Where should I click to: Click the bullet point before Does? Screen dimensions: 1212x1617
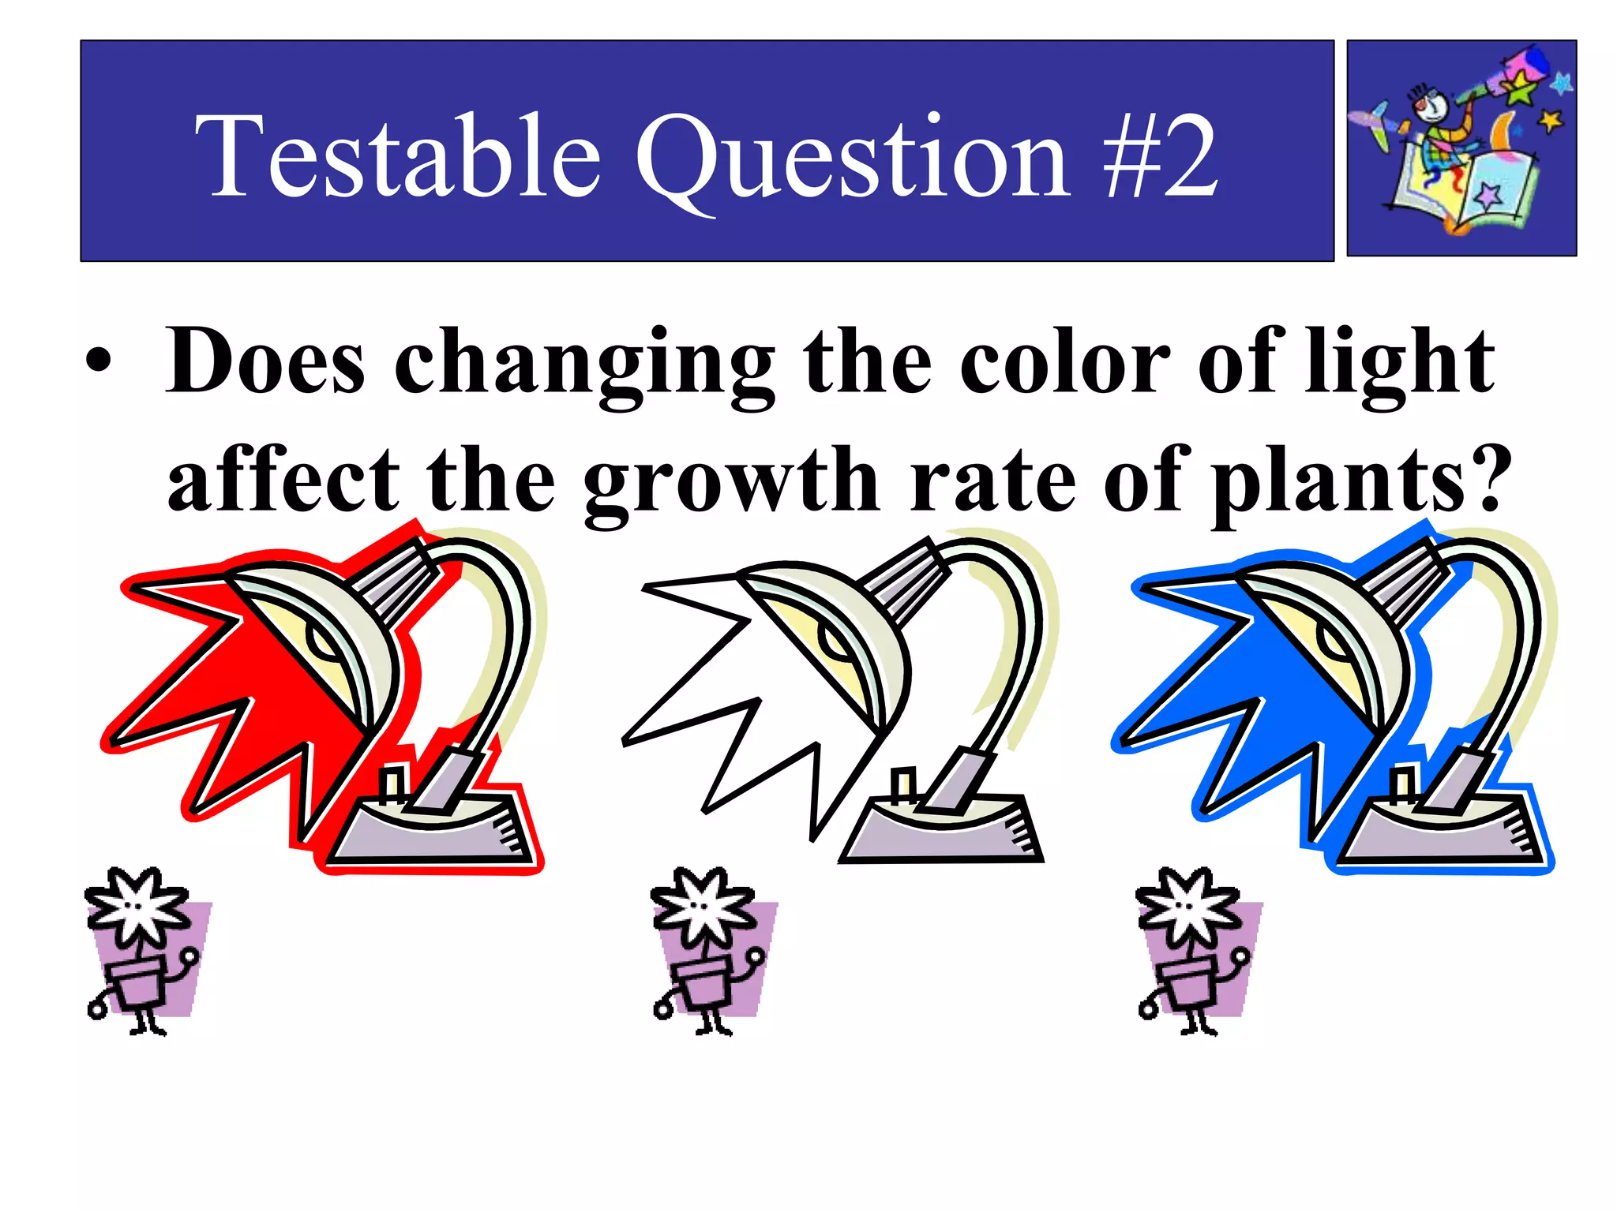(x=99, y=365)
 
